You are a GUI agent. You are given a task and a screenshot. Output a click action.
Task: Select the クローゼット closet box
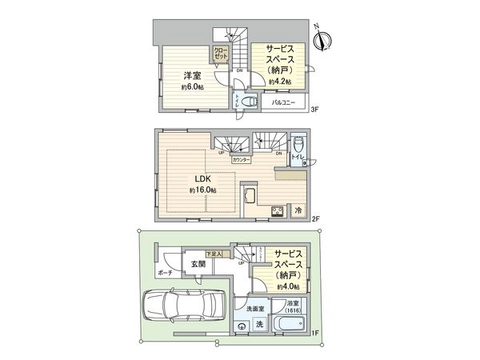[221, 55]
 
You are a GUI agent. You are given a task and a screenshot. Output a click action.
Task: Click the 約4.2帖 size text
[280, 81]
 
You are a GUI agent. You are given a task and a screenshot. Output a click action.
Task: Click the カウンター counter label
[240, 160]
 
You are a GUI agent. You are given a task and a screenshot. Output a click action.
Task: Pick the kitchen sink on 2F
[249, 196]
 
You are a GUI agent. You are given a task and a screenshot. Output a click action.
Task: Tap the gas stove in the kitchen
[278, 211]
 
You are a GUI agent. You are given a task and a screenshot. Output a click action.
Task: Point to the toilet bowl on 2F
[298, 145]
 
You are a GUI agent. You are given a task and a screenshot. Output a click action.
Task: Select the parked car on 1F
[177, 307]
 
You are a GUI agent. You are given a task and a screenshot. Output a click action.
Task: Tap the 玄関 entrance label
[196, 264]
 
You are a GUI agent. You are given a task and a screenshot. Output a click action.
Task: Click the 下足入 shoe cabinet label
[214, 251]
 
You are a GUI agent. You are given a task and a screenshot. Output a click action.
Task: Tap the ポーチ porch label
[165, 273]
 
